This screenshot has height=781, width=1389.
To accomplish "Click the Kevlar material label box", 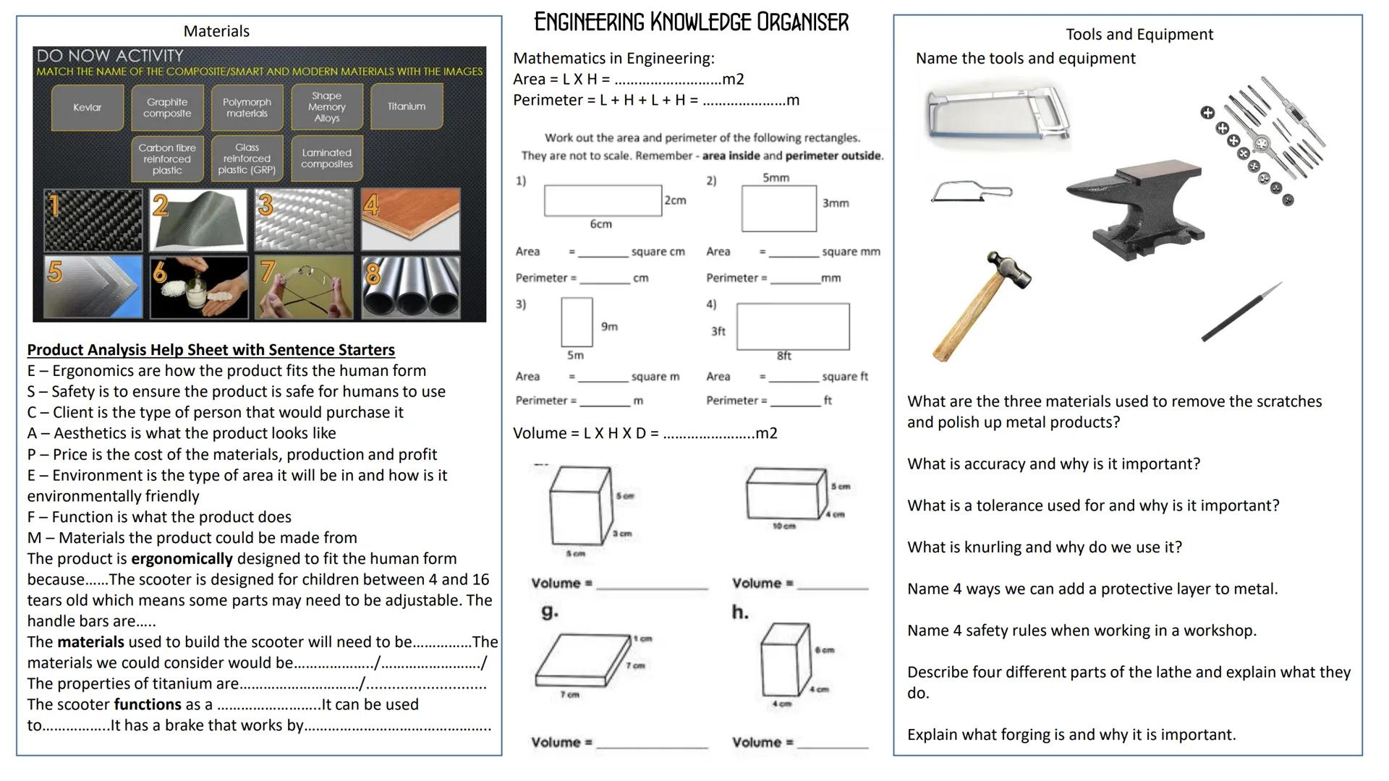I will pyautogui.click(x=88, y=107).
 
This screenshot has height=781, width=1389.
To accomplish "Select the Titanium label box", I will pyautogui.click(x=407, y=106).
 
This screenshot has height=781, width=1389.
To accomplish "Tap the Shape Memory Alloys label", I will pyautogui.click(x=326, y=107).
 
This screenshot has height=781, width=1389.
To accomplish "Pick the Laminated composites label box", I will pyautogui.click(x=326, y=158).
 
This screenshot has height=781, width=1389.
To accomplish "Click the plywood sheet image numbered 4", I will pyautogui.click(x=410, y=219).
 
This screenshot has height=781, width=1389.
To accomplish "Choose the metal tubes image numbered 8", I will pyautogui.click(x=410, y=288).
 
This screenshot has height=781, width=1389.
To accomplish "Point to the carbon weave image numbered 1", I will pyautogui.click(x=93, y=220).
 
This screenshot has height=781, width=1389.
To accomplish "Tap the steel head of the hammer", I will pyautogui.click(x=1009, y=269).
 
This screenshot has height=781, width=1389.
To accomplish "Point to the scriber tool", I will pyautogui.click(x=1241, y=312).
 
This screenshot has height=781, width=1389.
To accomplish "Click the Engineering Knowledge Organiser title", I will pyautogui.click(x=691, y=22).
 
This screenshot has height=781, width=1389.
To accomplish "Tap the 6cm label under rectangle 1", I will pyautogui.click(x=600, y=224).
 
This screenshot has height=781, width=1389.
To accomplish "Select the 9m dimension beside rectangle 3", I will pyautogui.click(x=609, y=327).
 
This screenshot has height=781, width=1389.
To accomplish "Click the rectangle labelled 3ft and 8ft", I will pyautogui.click(x=793, y=327).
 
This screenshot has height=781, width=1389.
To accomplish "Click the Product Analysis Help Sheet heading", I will pyautogui.click(x=211, y=350).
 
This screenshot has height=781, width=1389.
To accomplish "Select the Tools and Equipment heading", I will pyautogui.click(x=1139, y=34).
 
